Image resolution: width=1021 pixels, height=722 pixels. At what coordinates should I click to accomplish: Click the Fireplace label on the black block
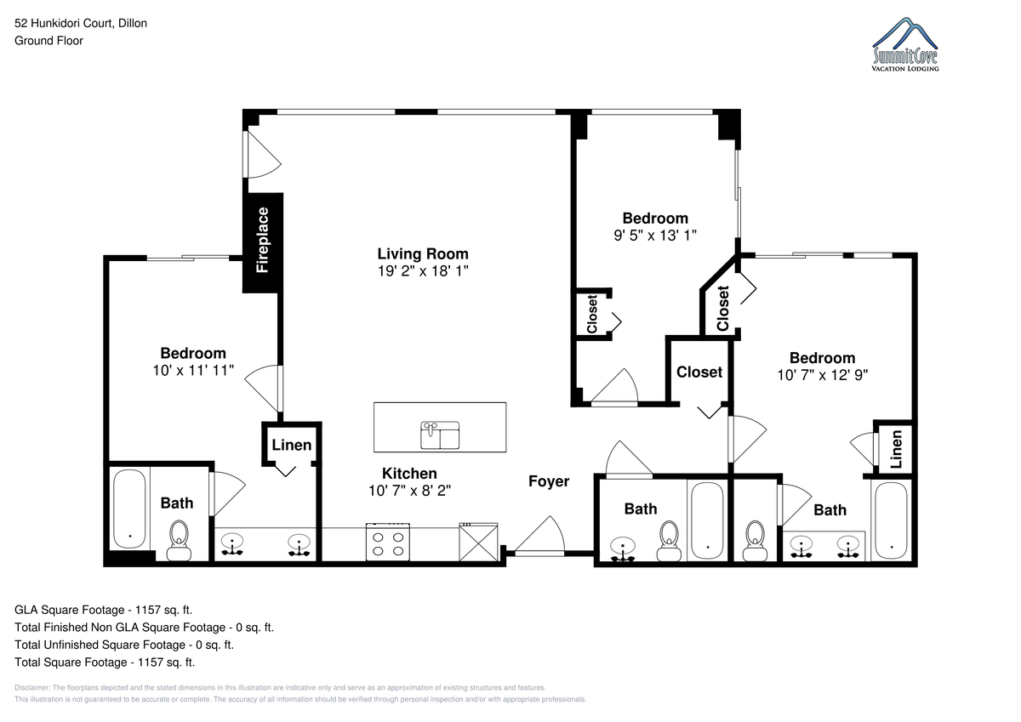click(262, 240)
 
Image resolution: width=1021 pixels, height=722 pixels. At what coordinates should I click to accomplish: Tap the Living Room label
click(423, 253)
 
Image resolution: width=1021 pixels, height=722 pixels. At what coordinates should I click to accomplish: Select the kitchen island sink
click(440, 435)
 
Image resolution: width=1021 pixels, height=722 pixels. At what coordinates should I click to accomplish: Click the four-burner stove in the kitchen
click(387, 542)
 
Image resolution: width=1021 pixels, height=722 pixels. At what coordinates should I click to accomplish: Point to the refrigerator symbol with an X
click(478, 542)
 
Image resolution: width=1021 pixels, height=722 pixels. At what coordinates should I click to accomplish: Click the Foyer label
click(549, 481)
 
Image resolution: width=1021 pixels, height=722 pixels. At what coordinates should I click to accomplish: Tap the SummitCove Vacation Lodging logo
click(904, 44)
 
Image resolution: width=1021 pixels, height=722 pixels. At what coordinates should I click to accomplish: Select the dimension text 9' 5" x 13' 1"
click(655, 236)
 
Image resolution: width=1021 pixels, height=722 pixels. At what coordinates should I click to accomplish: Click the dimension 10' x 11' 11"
click(193, 370)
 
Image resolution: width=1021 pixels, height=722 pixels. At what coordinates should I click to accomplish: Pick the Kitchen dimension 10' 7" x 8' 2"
click(409, 491)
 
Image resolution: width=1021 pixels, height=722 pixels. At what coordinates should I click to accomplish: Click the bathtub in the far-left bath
click(129, 509)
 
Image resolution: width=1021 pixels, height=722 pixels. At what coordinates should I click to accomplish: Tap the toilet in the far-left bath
click(179, 540)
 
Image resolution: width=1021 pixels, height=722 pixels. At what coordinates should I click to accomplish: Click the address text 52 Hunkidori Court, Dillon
click(81, 23)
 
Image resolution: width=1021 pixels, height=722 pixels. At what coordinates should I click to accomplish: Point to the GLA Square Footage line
click(104, 610)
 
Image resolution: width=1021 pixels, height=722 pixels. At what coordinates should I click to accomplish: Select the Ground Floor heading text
click(48, 41)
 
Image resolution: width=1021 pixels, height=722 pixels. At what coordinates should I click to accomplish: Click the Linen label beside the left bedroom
click(292, 445)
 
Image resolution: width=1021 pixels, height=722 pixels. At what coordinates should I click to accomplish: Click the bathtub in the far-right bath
click(892, 520)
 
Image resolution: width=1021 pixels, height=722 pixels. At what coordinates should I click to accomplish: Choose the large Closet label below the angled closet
click(699, 372)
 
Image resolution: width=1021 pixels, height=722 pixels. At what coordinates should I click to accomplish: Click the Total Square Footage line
click(105, 662)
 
